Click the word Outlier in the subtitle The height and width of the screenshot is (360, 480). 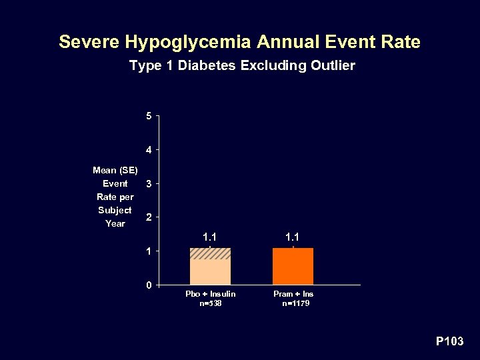coord(331,66)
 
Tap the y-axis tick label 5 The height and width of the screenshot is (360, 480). coord(149,117)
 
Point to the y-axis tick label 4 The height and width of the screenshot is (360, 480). coord(149,149)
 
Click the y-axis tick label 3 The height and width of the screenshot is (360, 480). coord(149,183)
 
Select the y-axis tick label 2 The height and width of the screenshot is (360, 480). coord(149,217)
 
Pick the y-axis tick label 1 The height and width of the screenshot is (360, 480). coord(149,251)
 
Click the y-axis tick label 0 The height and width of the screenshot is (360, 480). coord(149,285)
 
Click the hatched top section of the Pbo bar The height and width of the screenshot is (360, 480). coord(210,253)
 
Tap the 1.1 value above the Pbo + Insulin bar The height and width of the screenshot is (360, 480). coord(210,236)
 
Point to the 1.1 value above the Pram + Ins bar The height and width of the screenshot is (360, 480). coord(293,236)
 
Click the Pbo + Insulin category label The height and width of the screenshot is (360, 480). coord(210,294)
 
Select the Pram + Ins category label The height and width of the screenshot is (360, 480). coord(293,294)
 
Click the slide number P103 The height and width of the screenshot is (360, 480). coord(449,342)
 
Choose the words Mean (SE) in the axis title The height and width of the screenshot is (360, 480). coord(115,170)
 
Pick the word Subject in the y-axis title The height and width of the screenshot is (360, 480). coord(115,210)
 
